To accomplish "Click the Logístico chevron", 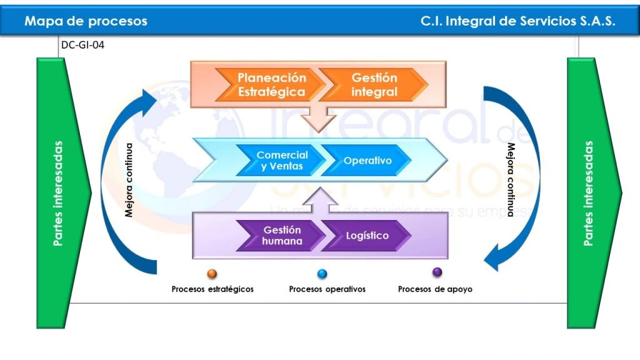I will (367, 236).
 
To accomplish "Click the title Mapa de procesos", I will (86, 21).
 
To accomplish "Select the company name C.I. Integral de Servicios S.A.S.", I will (518, 21).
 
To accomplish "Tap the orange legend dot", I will (212, 274).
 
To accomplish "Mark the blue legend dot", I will (322, 274).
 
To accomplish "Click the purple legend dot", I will (437, 272).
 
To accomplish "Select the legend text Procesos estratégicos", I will (212, 289).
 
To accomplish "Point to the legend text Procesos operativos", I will (327, 289).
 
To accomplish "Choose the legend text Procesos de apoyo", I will (435, 289).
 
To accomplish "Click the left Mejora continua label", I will (129, 180).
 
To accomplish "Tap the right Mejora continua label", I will (510, 180).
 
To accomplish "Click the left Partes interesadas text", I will (58, 192).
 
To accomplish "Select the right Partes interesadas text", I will (588, 192).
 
